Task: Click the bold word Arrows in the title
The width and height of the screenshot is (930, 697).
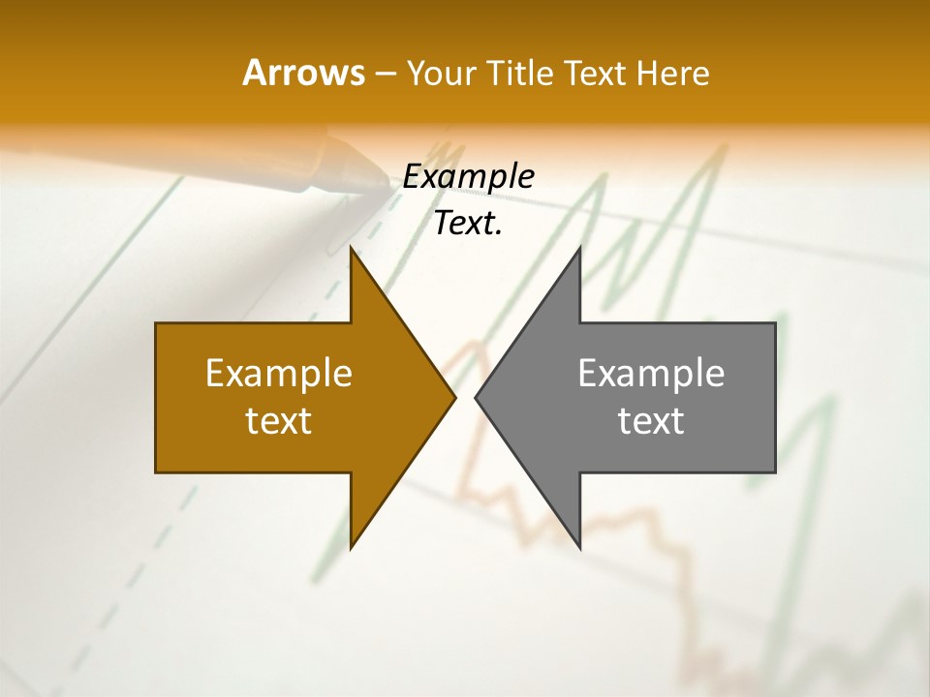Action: click(x=302, y=73)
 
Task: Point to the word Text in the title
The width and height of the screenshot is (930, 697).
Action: click(x=598, y=73)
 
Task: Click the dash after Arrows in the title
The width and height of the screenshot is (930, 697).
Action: click(x=384, y=75)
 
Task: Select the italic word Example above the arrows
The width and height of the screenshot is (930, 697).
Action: click(x=468, y=176)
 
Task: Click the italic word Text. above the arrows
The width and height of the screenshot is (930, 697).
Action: click(x=468, y=224)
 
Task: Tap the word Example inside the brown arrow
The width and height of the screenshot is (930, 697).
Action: click(x=279, y=374)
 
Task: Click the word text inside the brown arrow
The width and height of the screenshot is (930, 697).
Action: click(x=279, y=421)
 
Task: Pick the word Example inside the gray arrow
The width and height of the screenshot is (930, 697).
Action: click(x=651, y=374)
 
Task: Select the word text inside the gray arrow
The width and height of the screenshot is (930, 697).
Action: click(x=651, y=421)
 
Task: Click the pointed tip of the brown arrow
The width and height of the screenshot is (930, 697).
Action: click(x=454, y=397)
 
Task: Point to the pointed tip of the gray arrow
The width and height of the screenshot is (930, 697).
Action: click(x=477, y=397)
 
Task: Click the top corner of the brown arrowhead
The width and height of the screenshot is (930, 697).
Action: click(x=352, y=249)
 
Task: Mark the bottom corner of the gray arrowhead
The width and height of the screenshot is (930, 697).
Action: click(x=579, y=547)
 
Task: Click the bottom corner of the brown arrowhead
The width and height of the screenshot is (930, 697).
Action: click(x=352, y=547)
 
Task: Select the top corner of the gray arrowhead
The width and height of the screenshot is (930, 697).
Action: click(x=579, y=249)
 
